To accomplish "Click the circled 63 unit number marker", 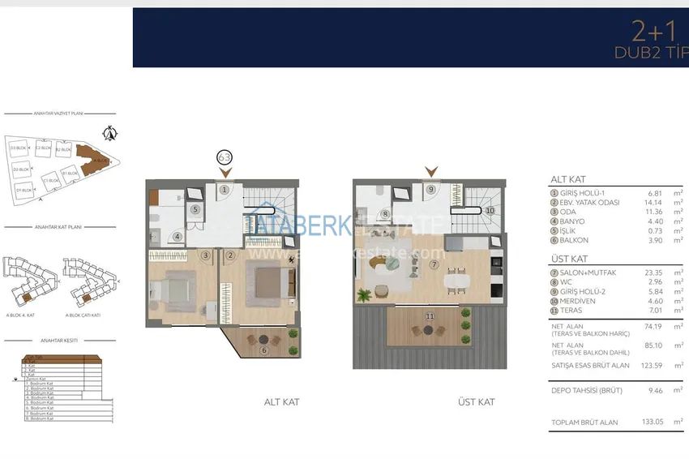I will (225, 157).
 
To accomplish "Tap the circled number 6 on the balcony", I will (263, 350).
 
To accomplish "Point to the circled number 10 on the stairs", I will (490, 210).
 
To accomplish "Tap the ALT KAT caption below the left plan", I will (281, 402).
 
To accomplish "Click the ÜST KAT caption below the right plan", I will (476, 402).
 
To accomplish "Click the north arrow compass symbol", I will (113, 132).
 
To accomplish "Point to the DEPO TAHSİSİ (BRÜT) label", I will (587, 390).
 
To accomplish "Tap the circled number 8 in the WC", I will (386, 215).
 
